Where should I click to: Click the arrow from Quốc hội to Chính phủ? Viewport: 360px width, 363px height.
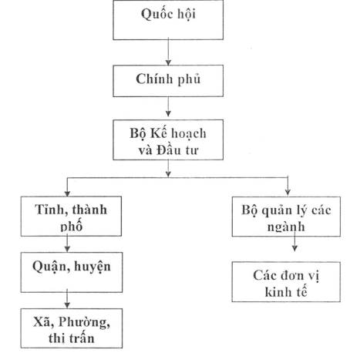(x=168, y=52)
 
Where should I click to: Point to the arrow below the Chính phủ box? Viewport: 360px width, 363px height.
(x=168, y=106)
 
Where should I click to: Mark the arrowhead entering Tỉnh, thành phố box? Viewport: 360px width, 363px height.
(x=67, y=193)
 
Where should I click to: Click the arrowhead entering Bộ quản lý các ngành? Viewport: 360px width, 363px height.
(x=288, y=192)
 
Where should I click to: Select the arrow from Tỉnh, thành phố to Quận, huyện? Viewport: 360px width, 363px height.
(x=67, y=244)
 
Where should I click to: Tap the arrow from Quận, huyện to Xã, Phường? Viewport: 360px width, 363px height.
(x=67, y=298)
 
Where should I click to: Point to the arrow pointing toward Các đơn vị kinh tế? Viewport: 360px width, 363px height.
(x=294, y=241)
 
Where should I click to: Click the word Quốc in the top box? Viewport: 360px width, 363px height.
(x=153, y=14)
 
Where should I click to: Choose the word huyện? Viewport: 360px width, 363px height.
(x=93, y=267)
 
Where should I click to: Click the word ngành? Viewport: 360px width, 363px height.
(x=286, y=227)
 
